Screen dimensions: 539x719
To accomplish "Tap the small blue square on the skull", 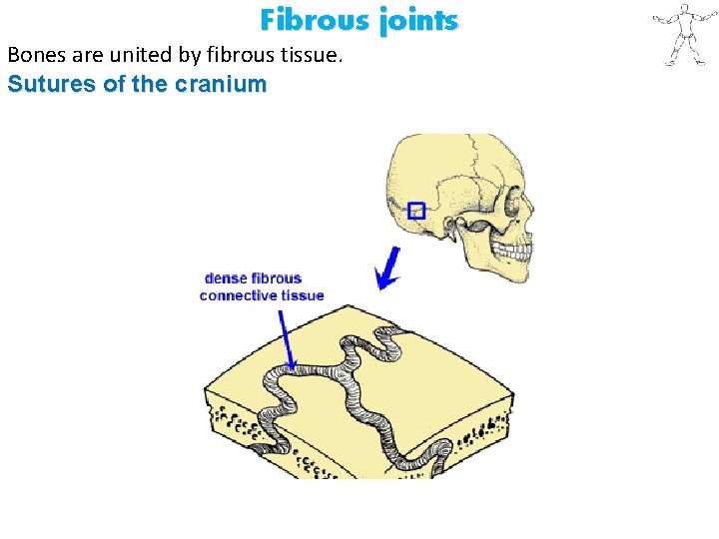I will pos(417,210).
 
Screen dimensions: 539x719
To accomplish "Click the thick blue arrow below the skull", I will pos(388,268).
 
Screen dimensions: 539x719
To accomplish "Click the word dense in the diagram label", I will pos(226,278).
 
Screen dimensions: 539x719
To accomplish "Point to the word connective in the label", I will pos(238,295).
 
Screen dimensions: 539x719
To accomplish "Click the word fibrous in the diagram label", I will pos(277,278).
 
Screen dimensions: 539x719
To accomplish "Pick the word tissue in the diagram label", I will pos(303,295).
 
